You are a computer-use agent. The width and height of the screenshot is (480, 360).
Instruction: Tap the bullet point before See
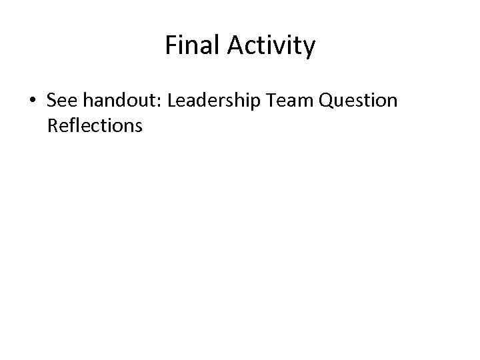33,101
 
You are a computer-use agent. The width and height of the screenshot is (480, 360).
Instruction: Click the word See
62,101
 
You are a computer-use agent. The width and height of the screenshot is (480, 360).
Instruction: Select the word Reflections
95,125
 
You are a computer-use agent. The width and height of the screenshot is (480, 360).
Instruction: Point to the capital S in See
53,101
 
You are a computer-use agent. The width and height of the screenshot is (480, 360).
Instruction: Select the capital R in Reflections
53,125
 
